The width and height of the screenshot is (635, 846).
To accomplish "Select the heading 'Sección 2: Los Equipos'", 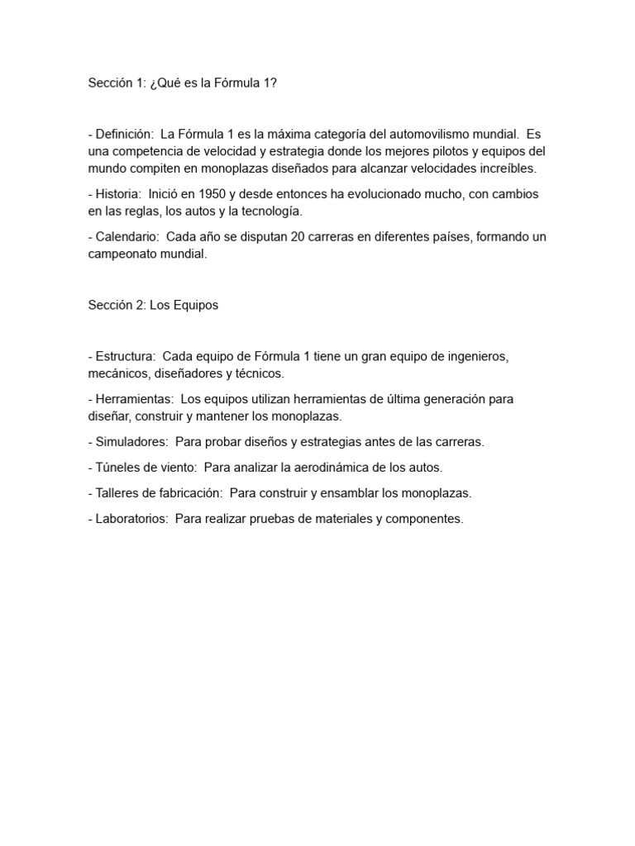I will coord(153,305).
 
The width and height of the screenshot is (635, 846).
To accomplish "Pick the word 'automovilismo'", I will coord(401,134).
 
